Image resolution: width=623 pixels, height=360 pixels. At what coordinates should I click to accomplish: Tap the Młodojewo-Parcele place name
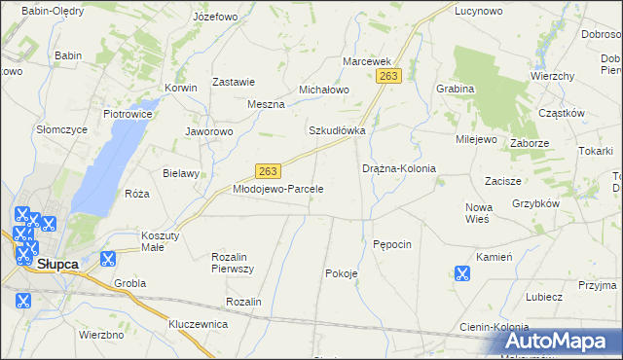point(277,188)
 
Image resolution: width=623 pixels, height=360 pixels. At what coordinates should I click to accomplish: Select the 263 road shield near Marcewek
point(390,76)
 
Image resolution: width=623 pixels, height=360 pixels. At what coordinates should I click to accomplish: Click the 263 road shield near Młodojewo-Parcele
point(270,170)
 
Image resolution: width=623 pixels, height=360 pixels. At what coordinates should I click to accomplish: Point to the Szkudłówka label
point(337,130)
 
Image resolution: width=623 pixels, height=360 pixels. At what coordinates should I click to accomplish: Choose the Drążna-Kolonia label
point(399,168)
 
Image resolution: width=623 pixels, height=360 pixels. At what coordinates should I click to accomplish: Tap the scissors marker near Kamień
point(461,273)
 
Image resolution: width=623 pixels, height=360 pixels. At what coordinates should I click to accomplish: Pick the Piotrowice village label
point(127,114)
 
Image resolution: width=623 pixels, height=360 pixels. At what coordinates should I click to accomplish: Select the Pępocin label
point(393,243)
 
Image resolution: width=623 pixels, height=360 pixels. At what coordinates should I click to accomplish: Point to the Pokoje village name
point(341,273)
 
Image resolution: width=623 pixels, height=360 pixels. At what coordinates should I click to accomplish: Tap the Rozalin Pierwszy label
point(233,262)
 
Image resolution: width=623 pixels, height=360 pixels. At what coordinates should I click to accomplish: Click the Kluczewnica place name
point(198,323)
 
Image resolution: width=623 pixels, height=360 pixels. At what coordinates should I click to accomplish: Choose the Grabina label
point(455,89)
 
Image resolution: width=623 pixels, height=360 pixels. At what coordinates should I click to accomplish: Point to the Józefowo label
point(215,18)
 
